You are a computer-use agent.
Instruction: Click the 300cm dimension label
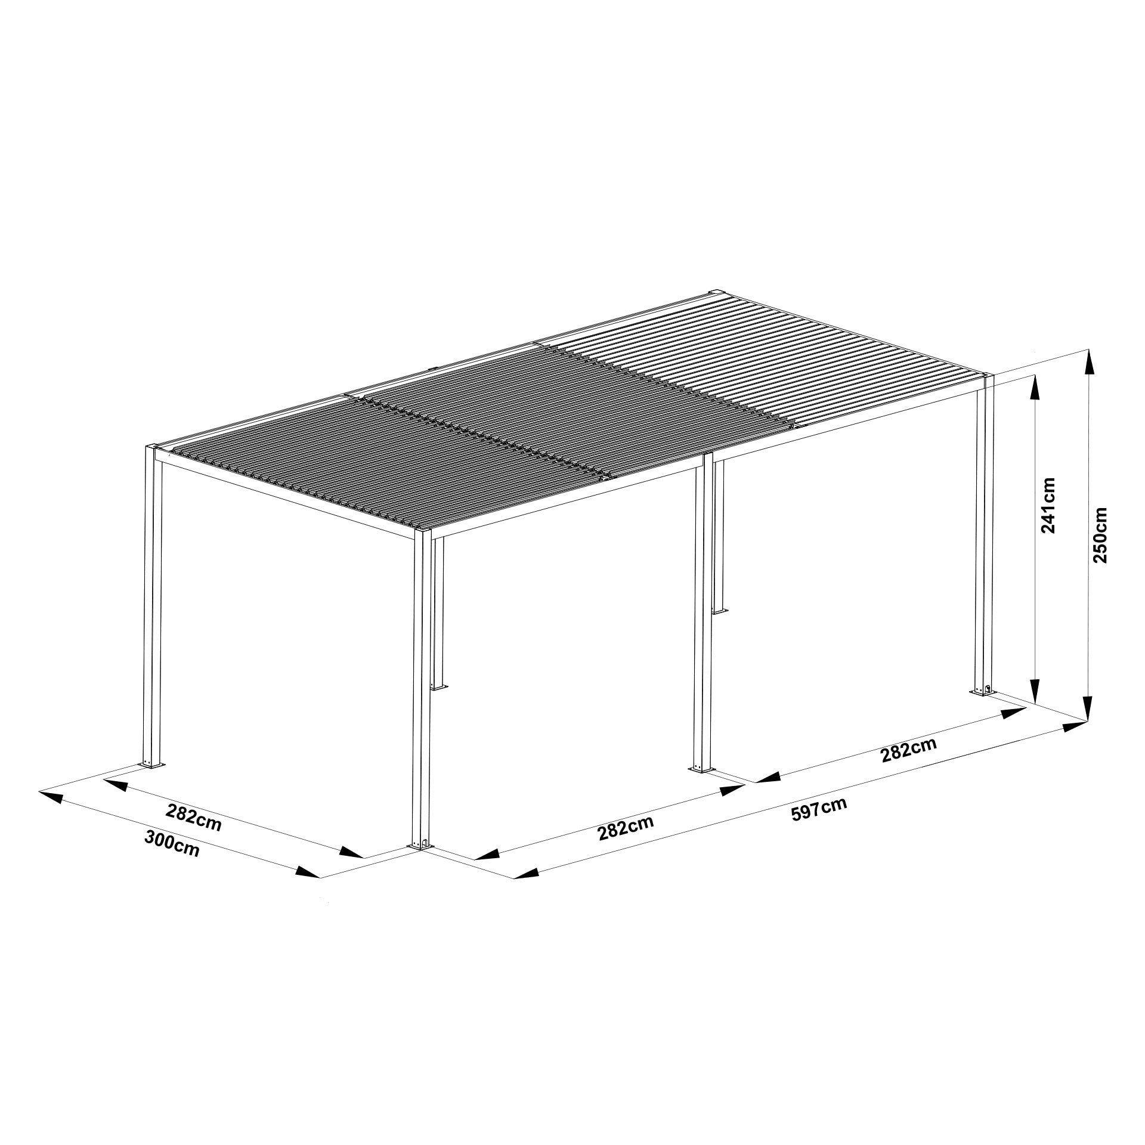[172, 844]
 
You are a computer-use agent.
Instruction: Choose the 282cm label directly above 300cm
[193, 818]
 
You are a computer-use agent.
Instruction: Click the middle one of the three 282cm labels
[626, 827]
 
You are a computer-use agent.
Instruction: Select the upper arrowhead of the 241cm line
[1036, 388]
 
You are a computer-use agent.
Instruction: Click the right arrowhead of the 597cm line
[1073, 727]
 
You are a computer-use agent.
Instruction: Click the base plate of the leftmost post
[152, 764]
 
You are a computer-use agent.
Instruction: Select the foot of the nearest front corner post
[422, 845]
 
